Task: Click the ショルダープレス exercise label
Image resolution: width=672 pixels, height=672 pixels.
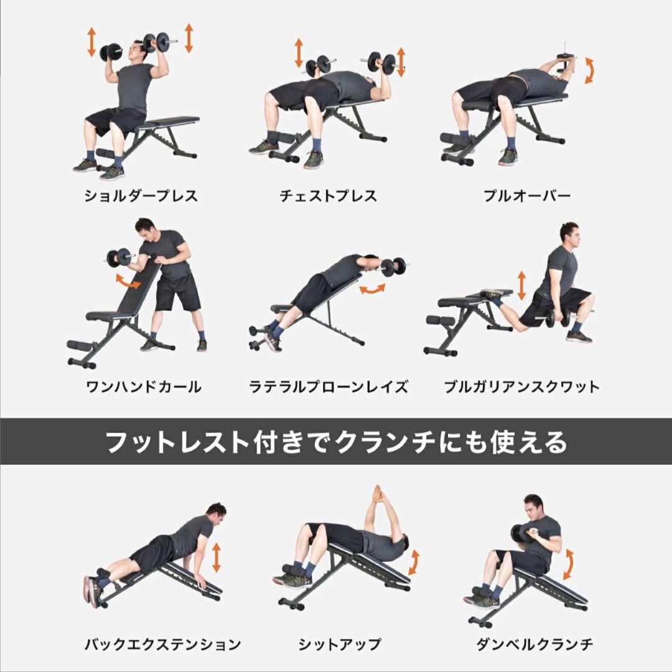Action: [x=141, y=197]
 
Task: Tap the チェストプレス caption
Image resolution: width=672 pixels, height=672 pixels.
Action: [x=329, y=197]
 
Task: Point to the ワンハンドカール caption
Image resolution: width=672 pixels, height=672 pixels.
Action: [x=144, y=387]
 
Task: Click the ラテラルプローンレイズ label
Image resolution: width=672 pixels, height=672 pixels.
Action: [x=329, y=387]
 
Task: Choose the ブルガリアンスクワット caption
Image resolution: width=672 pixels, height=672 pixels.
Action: [x=521, y=387]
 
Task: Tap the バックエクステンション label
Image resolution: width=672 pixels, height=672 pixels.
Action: [x=163, y=644]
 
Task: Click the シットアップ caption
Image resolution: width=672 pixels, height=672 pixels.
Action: [x=340, y=644]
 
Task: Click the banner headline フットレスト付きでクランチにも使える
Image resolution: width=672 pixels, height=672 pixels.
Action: [x=336, y=442]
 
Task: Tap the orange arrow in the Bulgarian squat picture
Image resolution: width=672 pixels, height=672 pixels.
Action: [x=521, y=286]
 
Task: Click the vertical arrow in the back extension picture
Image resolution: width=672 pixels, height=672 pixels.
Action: [x=216, y=557]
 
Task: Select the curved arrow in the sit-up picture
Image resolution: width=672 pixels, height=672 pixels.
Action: [x=413, y=562]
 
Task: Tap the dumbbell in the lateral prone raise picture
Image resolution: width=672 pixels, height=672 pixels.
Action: [x=393, y=267]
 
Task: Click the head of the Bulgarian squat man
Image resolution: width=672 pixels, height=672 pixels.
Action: [x=569, y=234]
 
